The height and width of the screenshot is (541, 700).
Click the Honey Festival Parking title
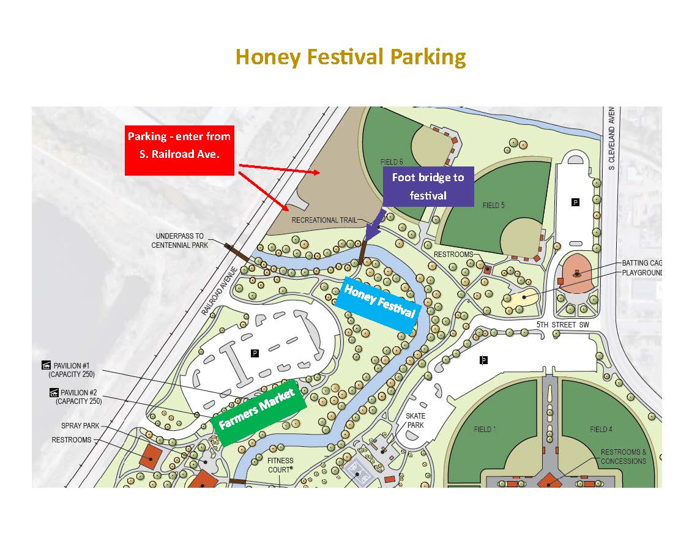pos(351,57)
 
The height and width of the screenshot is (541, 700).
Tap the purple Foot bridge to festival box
pos(428,187)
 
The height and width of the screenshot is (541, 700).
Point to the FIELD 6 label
pos(392,162)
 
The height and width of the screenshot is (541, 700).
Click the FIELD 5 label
pos(493,206)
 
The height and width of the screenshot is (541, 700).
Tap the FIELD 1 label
pos(483,429)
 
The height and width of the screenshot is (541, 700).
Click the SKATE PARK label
pos(415,420)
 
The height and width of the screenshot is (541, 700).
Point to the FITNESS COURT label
pos(280,465)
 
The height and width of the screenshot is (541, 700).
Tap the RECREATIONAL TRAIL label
pos(324,220)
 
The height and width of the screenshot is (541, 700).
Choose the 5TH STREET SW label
pos(562,325)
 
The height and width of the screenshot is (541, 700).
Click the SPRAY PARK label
pos(80,426)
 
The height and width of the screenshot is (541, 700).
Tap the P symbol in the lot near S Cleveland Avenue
pos(575,201)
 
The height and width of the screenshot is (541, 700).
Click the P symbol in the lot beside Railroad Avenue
pos(254,353)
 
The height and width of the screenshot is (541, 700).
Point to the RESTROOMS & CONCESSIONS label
pos(623,457)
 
